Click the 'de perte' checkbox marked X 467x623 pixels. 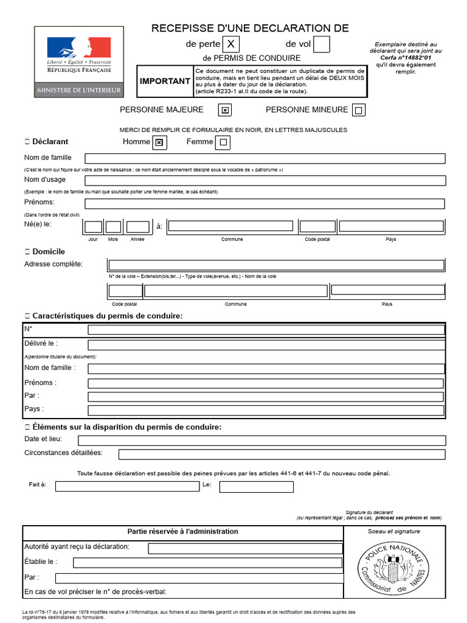(231, 44)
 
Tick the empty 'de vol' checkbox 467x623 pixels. (322, 44)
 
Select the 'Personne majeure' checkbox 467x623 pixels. (225, 110)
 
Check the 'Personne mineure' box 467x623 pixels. (359, 110)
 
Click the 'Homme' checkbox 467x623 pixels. (159, 142)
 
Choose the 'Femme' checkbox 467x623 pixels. (223, 142)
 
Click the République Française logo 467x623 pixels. (79, 61)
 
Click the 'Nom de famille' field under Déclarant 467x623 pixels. (265, 159)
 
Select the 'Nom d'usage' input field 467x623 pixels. (265, 181)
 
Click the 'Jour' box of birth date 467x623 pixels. (93, 227)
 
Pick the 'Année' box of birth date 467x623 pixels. (137, 227)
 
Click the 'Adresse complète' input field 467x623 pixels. (275, 265)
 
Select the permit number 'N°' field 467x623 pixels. (266, 330)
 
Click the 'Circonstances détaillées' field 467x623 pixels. (282, 454)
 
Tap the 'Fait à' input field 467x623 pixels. (126, 487)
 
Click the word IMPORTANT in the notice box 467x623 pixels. (165, 82)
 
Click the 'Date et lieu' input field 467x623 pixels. (261, 440)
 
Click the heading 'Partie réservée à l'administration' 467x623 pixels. (182, 532)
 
